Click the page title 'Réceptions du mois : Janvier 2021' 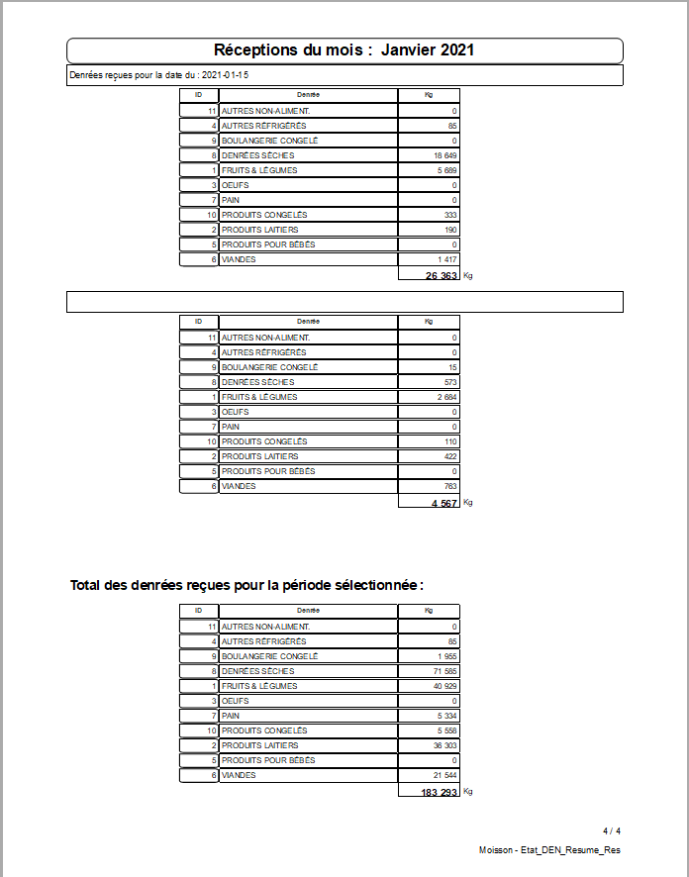[344, 50]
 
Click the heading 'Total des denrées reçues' [246, 585]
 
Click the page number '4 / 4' [612, 830]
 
